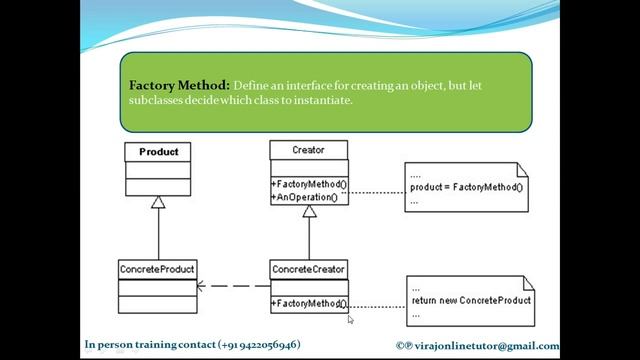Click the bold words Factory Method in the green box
coord(179,86)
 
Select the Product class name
coord(158,152)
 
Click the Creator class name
coord(308,150)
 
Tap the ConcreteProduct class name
coord(157,269)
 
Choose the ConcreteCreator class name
coord(308,269)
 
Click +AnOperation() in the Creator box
coord(304,197)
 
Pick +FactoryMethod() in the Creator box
coord(308,185)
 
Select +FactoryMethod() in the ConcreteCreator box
coord(308,303)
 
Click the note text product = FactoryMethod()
coord(466,187)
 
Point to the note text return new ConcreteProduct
coord(470,300)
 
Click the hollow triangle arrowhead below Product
coord(158,203)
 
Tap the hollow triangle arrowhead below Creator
coord(309,211)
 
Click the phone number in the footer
coord(258,345)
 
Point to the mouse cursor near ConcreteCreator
coord(351,319)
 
